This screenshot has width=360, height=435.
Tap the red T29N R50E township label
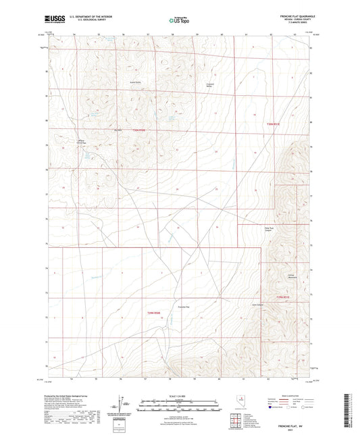tap(155, 312)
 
